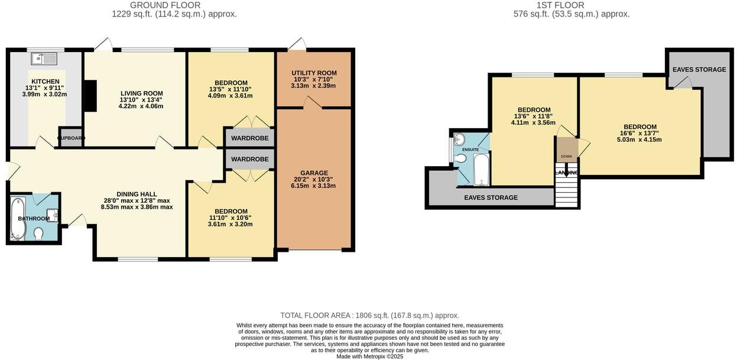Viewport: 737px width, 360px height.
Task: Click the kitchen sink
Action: [x=45, y=59]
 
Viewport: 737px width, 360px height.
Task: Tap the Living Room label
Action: [x=141, y=93]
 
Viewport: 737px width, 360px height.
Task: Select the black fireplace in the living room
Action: [x=90, y=96]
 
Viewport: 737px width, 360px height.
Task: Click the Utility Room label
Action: [x=314, y=73]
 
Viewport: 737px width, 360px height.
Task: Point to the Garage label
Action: [x=313, y=173]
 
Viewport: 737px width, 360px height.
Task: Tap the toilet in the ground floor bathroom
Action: [x=39, y=234]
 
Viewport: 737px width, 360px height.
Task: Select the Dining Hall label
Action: [x=137, y=194]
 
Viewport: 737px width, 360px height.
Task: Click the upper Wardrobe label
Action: [x=249, y=138]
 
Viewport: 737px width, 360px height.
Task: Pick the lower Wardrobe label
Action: [x=249, y=160]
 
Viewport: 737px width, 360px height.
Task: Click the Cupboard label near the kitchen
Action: [x=71, y=138]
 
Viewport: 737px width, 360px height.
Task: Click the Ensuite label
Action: [x=470, y=150]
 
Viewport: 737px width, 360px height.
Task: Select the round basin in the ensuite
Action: [x=460, y=139]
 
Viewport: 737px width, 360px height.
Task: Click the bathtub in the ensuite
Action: [x=482, y=170]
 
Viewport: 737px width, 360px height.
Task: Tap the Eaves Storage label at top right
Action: [x=699, y=70]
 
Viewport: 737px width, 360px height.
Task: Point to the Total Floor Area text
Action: [x=369, y=316]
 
